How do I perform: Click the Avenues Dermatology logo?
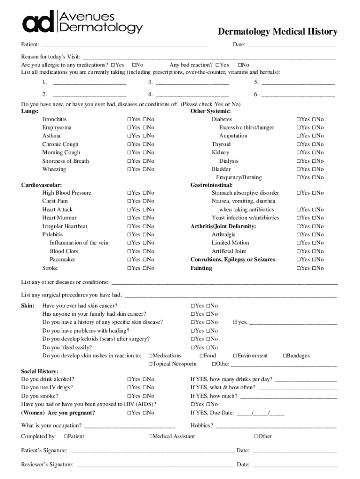(x=82, y=22)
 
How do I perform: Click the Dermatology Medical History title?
(x=277, y=32)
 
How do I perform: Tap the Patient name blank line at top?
(x=124, y=45)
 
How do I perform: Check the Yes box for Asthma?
(x=129, y=136)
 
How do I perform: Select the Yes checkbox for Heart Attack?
(x=129, y=210)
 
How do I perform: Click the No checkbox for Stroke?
(x=144, y=269)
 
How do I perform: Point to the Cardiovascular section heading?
(x=42, y=185)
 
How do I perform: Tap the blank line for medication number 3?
(x=192, y=83)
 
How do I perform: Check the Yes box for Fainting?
(x=299, y=269)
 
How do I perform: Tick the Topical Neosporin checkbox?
(x=151, y=364)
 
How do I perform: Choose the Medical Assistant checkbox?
(x=151, y=437)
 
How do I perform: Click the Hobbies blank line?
(x=275, y=426)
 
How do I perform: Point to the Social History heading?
(x=40, y=371)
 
